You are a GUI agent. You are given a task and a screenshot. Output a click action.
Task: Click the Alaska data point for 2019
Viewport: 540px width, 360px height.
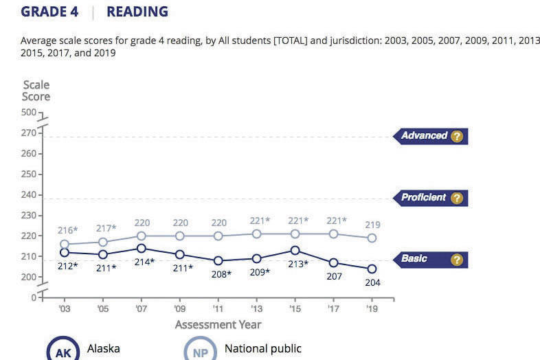pyautogui.click(x=372, y=269)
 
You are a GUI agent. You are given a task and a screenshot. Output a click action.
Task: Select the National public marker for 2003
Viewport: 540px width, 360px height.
pyautogui.click(x=65, y=244)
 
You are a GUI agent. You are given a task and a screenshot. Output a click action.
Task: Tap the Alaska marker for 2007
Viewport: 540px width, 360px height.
pyautogui.click(x=142, y=248)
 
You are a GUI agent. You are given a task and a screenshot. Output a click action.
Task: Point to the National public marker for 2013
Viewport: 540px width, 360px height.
pyautogui.click(x=256, y=234)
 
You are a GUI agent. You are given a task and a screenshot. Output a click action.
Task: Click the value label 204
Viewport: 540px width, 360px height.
pyautogui.click(x=372, y=282)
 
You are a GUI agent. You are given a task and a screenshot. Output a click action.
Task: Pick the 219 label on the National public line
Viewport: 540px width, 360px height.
pyautogui.click(x=372, y=225)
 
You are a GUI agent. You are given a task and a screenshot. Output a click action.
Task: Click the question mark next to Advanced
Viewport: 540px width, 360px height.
pyautogui.click(x=457, y=136)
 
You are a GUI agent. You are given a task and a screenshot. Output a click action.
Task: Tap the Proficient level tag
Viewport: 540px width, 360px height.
pyautogui.click(x=424, y=198)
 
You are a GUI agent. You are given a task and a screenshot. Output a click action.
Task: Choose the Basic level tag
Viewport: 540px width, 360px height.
pyautogui.click(x=414, y=259)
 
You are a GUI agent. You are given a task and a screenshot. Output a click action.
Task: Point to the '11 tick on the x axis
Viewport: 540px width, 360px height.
pyautogui.click(x=218, y=308)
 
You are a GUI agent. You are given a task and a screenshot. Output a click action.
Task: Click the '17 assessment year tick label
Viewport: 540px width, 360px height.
pyautogui.click(x=334, y=308)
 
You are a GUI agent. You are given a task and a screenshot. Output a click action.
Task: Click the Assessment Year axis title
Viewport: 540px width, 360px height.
pyautogui.click(x=218, y=324)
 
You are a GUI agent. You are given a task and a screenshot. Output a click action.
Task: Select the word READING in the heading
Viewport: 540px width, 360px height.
pyautogui.click(x=137, y=12)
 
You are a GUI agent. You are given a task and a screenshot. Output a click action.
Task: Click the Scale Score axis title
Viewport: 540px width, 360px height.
pyautogui.click(x=36, y=91)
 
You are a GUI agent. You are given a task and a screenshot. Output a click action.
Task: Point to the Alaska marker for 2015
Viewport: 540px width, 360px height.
pyautogui.click(x=295, y=250)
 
